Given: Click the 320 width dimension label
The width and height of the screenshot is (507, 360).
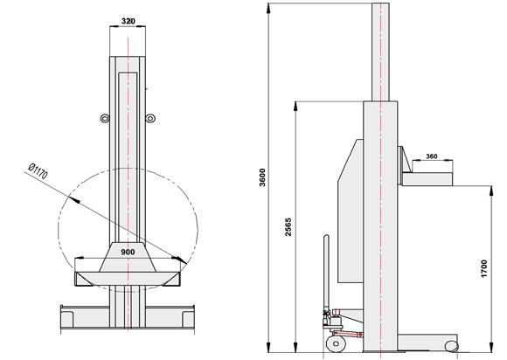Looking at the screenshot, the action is [128, 21].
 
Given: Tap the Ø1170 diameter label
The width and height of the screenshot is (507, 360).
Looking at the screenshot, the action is [38, 171].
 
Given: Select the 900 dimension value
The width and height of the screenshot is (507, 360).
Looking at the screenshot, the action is [128, 252].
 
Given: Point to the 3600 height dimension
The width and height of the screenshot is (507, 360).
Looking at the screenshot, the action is [262, 177].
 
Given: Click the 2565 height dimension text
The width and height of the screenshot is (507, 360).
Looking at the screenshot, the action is [288, 227].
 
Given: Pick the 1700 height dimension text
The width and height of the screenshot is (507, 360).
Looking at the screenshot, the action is [483, 268].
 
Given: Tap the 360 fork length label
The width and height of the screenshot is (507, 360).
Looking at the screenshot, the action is [432, 156].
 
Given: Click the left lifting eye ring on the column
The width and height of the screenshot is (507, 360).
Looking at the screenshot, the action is [105, 119].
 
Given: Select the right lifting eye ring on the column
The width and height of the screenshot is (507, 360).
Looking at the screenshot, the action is [150, 119].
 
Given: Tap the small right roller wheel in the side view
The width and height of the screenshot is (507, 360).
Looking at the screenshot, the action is [451, 346].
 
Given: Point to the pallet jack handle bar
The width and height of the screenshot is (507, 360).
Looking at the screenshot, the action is [326, 273].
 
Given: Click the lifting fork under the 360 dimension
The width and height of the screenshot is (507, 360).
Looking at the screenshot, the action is [427, 179].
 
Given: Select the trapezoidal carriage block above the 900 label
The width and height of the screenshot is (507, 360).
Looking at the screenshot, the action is [128, 257].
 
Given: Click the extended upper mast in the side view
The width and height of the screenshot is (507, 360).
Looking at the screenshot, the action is [380, 52].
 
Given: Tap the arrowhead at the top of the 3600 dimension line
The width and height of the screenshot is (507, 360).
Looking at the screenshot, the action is [268, 8].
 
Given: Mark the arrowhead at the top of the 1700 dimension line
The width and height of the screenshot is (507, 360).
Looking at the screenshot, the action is [491, 190].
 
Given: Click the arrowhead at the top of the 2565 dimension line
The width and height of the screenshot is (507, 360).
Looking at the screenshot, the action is [295, 107].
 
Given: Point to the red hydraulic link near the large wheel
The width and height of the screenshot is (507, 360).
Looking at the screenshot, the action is [348, 334].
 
